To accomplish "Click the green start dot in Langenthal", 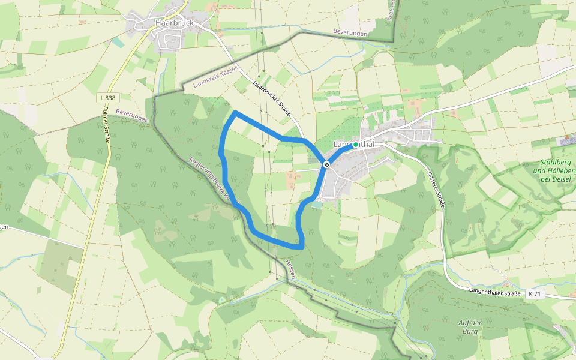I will (355, 145).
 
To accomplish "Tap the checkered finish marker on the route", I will (326, 163).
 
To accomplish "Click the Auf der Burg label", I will (470, 326).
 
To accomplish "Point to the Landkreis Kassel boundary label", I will (215, 77).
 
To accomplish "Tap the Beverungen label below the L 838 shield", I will (132, 116).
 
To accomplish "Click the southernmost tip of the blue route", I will (300, 246).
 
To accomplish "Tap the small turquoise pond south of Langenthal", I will (316, 205).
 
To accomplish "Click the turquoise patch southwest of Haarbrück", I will (119, 42).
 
